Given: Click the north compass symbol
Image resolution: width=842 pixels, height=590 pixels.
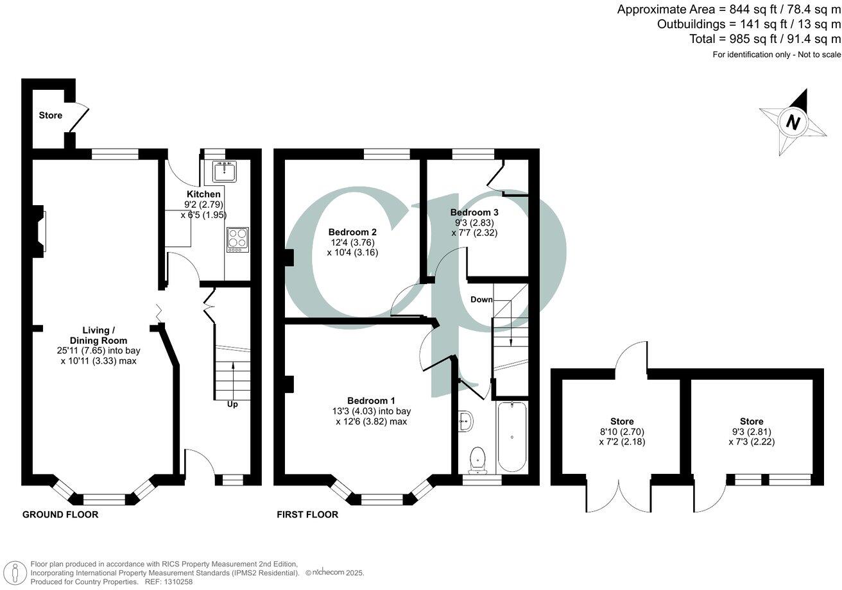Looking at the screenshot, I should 793,122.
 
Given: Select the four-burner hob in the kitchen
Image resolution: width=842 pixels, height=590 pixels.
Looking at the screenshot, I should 237,239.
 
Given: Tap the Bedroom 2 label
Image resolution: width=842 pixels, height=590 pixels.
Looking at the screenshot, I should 352,232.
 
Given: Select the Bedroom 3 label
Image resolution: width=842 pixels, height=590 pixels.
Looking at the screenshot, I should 474,212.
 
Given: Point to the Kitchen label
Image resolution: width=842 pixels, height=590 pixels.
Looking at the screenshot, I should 203,194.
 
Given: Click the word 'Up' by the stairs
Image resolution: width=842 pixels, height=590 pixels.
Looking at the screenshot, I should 232,405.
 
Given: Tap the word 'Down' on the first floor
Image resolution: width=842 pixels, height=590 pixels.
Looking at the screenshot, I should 481,299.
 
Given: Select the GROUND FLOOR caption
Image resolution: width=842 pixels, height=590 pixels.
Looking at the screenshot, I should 60,514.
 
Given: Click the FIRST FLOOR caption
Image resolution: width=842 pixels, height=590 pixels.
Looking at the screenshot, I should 307,514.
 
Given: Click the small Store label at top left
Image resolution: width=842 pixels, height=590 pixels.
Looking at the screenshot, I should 51,115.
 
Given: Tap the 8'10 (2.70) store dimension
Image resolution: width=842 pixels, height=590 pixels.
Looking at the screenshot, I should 621,432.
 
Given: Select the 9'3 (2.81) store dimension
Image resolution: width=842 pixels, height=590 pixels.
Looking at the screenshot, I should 751,432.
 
